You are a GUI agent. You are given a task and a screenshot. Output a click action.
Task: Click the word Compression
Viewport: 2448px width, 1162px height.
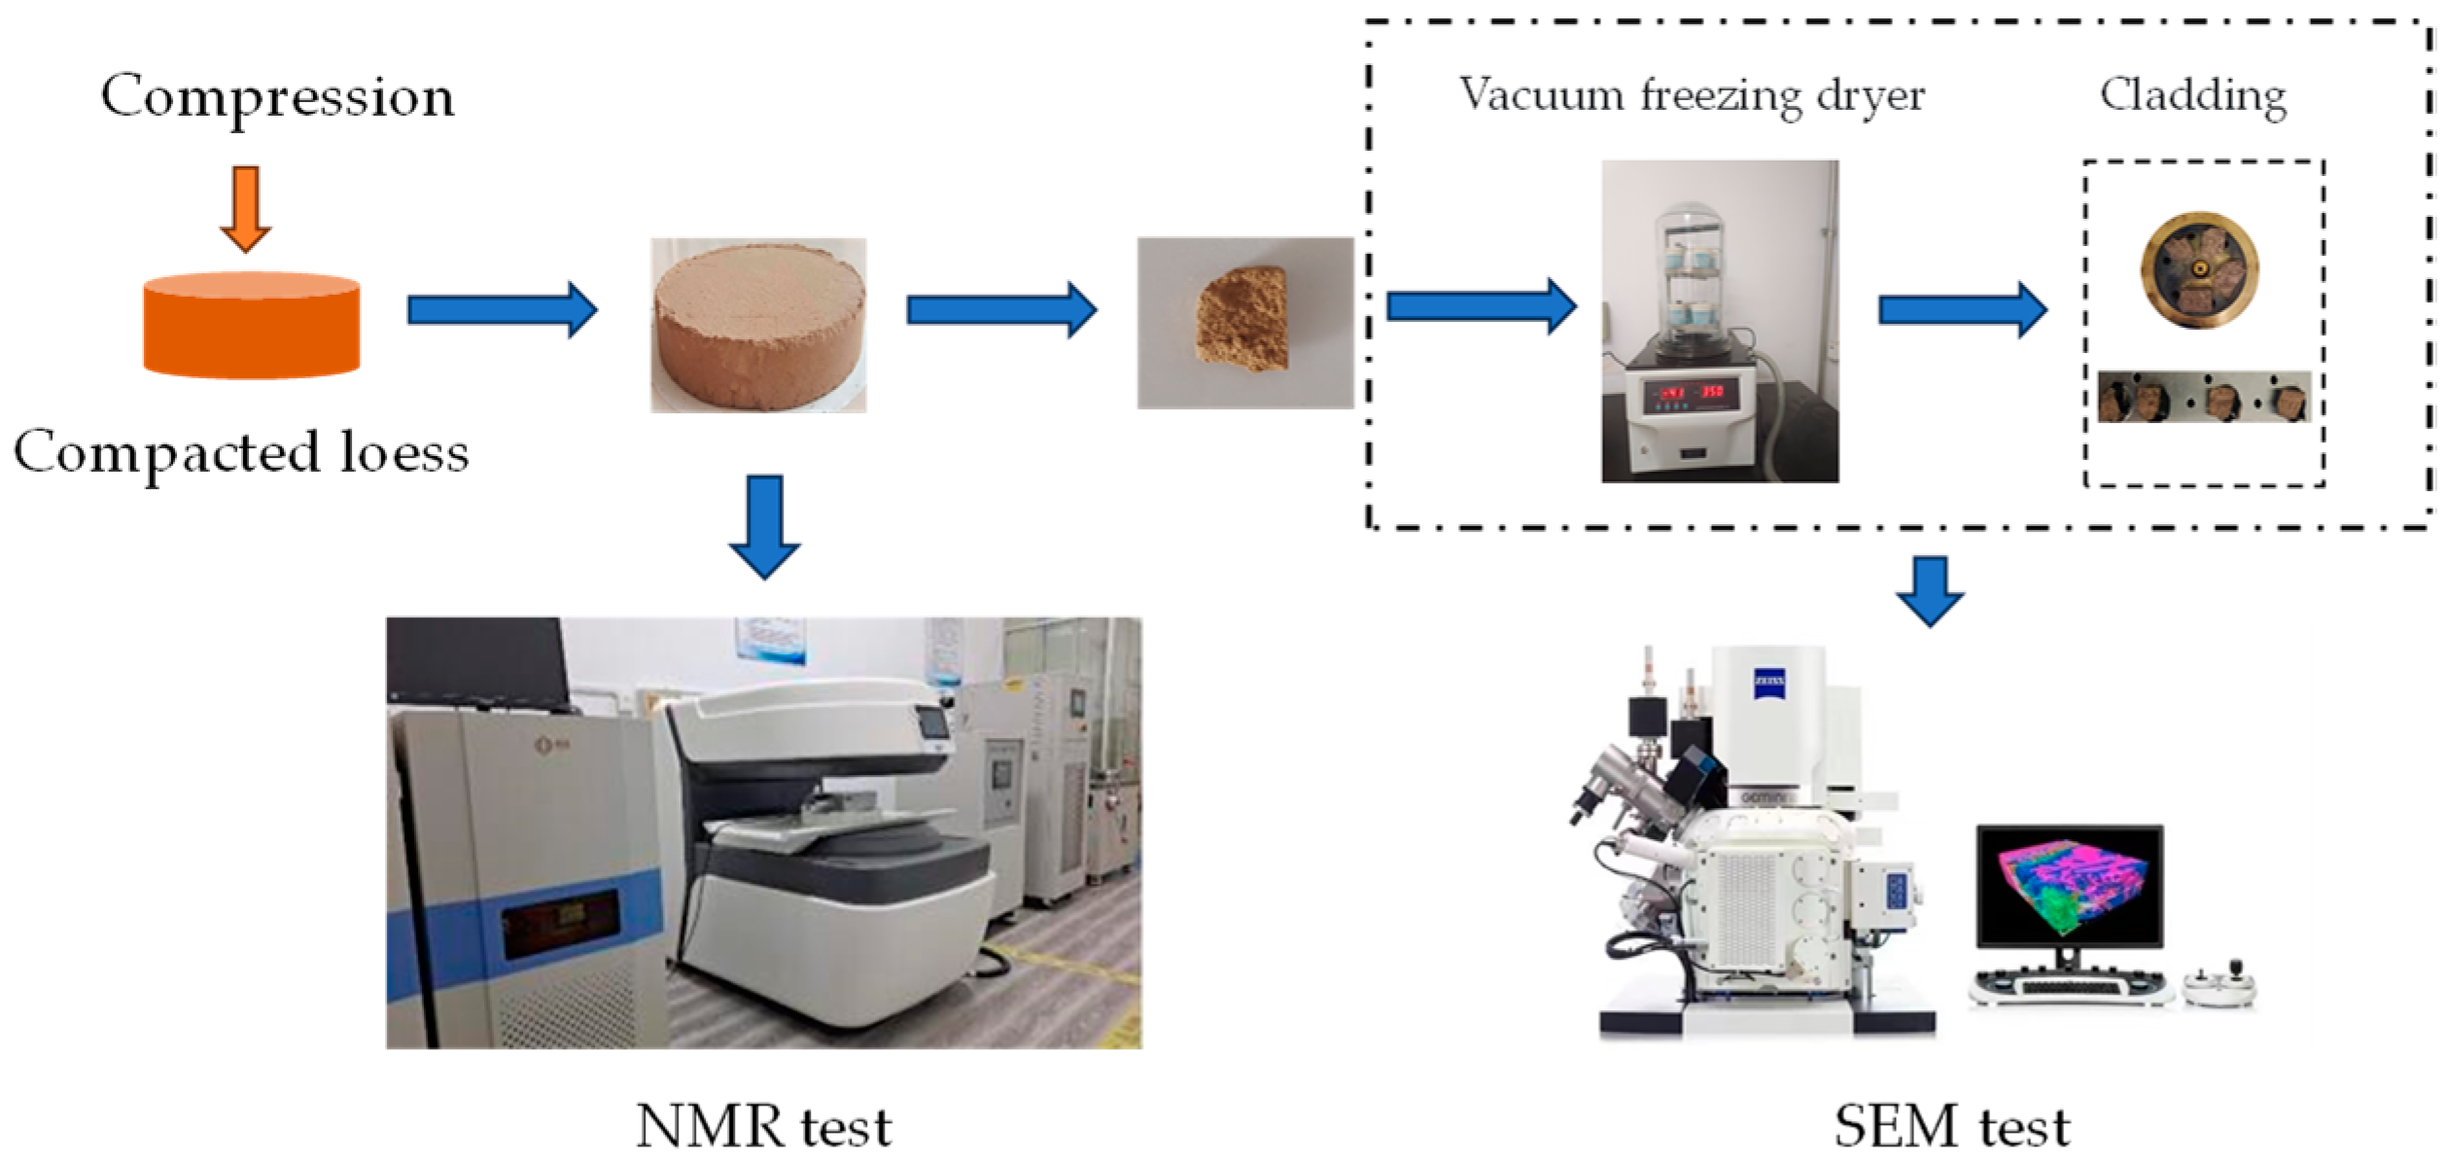tap(277, 98)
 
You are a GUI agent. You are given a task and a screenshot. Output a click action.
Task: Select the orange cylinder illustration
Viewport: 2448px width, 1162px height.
tap(252, 325)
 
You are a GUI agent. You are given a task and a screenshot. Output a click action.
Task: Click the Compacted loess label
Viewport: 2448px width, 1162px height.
tap(241, 453)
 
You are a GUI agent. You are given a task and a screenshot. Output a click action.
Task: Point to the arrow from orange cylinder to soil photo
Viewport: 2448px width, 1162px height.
tap(502, 310)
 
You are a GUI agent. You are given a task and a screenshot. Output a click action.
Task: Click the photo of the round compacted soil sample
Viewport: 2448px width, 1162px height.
tap(758, 325)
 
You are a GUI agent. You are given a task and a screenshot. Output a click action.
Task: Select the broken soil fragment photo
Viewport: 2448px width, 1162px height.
tap(1244, 322)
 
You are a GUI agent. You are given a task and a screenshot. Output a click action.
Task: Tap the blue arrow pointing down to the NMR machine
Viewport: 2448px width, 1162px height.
tap(764, 526)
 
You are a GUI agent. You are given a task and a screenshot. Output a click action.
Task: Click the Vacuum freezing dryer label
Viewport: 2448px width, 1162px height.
tap(1692, 96)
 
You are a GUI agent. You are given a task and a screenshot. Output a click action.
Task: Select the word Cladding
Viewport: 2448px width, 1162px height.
tap(2192, 96)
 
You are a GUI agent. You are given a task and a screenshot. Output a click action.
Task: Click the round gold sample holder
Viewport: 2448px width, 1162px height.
tap(2199, 270)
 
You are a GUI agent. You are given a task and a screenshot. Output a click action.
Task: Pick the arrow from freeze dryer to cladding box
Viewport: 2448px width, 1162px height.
tap(1962, 310)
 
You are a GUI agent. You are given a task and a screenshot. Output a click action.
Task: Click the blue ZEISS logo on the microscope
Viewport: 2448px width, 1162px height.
tap(1768, 683)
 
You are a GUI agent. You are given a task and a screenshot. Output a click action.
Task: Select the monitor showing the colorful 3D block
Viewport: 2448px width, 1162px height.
tap(2070, 886)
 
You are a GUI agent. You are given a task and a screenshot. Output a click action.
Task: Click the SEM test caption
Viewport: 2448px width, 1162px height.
tap(1951, 1126)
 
